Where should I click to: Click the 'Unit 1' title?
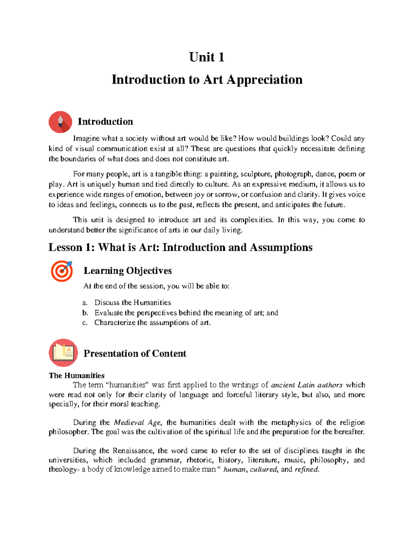pos(207,57)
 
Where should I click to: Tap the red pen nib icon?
pos(60,122)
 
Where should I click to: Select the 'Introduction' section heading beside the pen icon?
pos(105,121)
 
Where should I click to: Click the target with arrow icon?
pos(62,271)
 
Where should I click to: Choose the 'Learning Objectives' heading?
pos(127,271)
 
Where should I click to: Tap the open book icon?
pos(63,352)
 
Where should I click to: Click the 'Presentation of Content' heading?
pos(135,353)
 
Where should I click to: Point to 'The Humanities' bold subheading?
pos(77,376)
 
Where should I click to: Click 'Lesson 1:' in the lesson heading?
pos(71,247)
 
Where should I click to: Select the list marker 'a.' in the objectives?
pos(85,303)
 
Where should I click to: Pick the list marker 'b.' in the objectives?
pos(85,313)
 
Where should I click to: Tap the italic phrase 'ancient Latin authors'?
pos(307,385)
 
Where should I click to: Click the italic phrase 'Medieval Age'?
pos(137,422)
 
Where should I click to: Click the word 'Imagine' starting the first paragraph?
pos(86,138)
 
